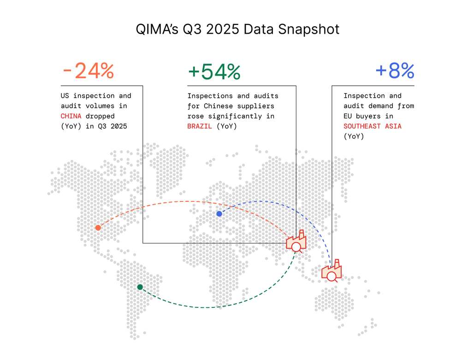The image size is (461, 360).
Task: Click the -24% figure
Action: (88, 71)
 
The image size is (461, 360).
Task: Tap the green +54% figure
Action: (214, 72)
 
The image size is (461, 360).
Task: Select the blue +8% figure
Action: (395, 71)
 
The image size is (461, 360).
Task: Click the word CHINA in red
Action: (71, 116)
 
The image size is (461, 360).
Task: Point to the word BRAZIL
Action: (200, 126)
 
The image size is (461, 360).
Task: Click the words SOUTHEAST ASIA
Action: (372, 126)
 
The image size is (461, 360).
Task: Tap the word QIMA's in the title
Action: (157, 29)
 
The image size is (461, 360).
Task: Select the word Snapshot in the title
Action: (309, 30)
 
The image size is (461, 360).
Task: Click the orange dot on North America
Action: (98, 228)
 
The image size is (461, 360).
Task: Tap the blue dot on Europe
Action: (219, 213)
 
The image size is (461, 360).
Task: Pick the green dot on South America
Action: (140, 287)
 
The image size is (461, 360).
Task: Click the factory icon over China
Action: (296, 242)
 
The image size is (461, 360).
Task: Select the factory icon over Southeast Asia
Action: (331, 271)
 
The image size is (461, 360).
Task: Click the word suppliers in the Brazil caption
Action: (256, 106)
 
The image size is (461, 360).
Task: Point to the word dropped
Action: (100, 116)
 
